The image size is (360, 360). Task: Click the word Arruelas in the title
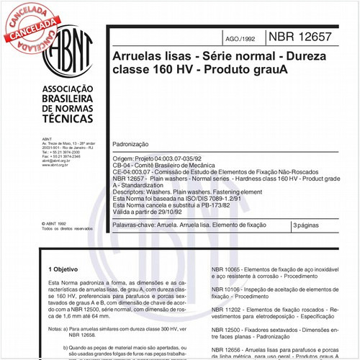138,55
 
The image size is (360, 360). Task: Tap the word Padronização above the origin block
134,143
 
